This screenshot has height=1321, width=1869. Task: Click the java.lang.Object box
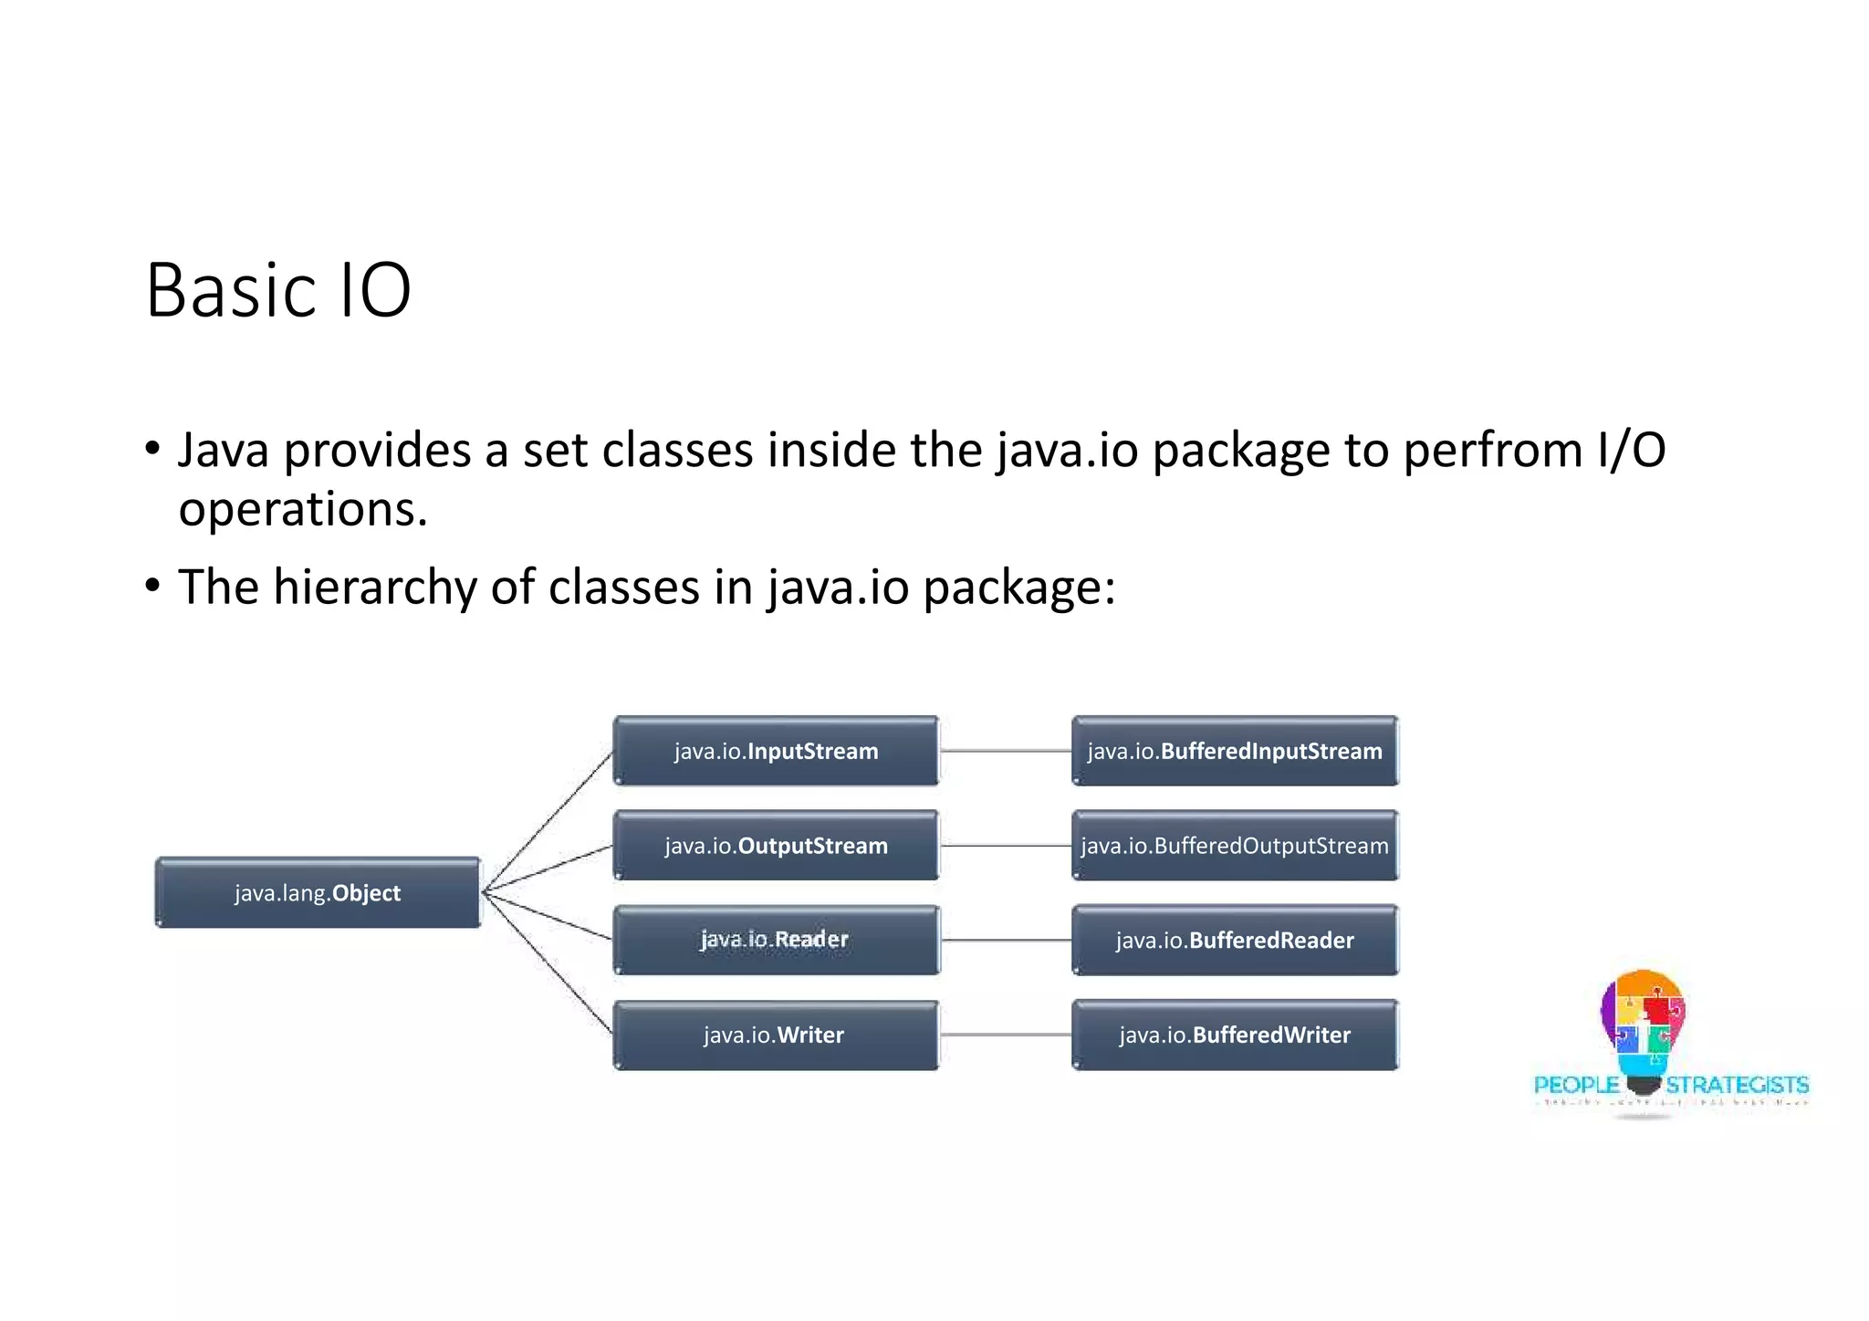[318, 892]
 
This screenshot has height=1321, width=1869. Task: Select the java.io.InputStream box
[776, 751]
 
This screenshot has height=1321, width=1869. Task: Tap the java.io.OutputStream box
[776, 846]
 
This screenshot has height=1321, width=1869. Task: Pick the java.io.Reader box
[776, 940]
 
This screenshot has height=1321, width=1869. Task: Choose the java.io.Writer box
[776, 1035]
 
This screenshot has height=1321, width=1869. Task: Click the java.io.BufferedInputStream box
[1235, 751]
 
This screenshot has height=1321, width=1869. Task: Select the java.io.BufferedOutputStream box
[1235, 846]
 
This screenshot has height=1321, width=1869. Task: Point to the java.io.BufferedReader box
[1235, 940]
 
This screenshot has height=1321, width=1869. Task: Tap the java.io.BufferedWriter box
[1235, 1035]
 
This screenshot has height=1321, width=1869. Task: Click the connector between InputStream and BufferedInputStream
[1005, 751]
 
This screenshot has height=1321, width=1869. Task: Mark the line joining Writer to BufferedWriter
[1005, 1035]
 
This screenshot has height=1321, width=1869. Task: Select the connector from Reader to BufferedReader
[1005, 940]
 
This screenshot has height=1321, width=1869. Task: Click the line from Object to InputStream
[548, 821]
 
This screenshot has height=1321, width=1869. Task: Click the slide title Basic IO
[278, 291]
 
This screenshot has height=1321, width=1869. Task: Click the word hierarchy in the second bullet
[374, 587]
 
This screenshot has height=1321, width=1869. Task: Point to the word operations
[302, 509]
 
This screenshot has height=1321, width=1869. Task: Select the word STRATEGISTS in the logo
[1737, 1085]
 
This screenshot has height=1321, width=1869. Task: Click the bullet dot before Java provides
[152, 449]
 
